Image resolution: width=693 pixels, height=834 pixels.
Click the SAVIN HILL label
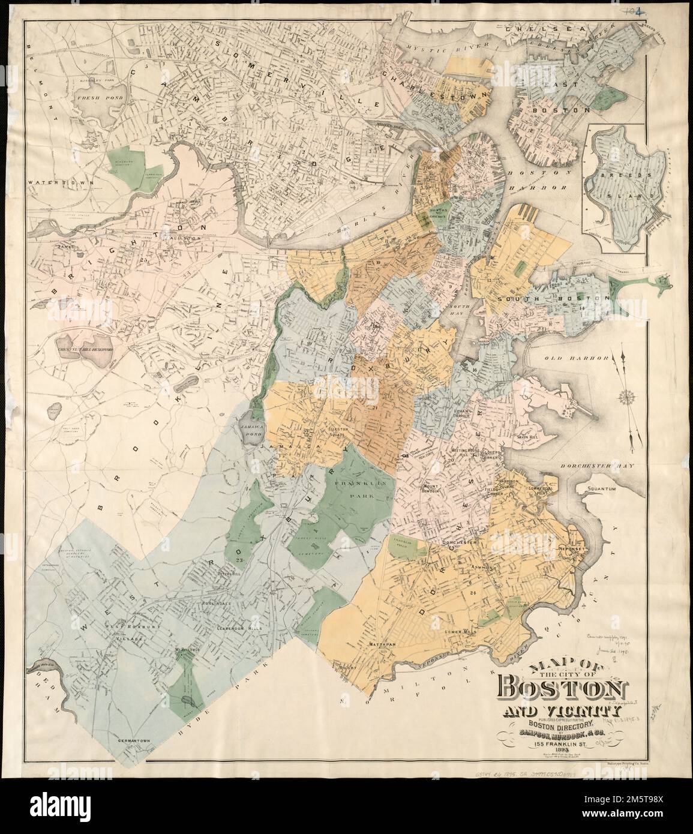click(526, 437)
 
